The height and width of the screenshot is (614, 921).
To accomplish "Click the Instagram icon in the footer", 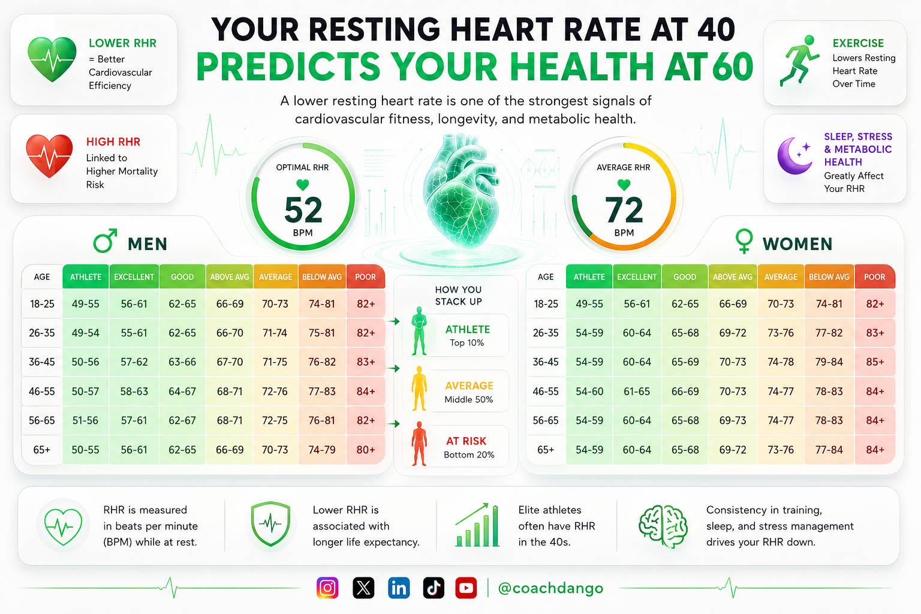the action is pos(327,588).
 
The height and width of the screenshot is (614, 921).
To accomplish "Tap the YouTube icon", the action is pos(466,588).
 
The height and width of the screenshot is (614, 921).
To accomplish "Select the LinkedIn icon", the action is pos(398,588).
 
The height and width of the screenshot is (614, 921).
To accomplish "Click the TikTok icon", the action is pos(434,588).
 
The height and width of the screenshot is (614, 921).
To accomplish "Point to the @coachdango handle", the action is pos(550,588).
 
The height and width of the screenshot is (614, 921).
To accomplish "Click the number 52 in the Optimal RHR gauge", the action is pos(303,210).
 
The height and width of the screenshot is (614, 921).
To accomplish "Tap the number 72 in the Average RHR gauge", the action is pos(624,210).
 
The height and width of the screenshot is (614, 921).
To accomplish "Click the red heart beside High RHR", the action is pos(49,156).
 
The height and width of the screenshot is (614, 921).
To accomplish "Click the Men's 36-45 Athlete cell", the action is pos(86,362).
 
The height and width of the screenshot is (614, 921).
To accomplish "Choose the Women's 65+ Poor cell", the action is pos(875,450).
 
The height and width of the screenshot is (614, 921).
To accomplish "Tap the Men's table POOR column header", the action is pos(366,277).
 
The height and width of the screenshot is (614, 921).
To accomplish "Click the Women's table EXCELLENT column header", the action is pos(636,277).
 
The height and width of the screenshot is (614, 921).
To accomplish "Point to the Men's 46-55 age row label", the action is pos(41,391).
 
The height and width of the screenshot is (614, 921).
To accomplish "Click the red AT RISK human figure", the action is pos(419,443).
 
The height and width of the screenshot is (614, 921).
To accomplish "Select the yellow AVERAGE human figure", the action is pos(419,388).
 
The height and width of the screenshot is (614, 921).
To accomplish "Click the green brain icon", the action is pos(663,526).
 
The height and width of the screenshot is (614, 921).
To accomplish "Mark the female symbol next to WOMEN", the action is pos(744,241).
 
